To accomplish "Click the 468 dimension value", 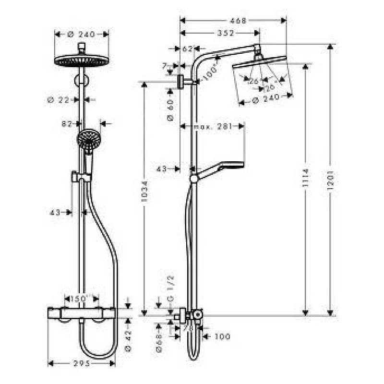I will click(x=238, y=21).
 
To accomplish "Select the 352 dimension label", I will click(x=226, y=33).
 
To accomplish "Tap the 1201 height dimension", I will click(x=331, y=180).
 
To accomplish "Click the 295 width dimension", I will click(x=82, y=363).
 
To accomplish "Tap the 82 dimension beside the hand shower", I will click(x=67, y=124).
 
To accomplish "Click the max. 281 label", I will click(x=213, y=126).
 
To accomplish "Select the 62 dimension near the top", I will click(x=187, y=48).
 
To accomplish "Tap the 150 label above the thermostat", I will click(x=79, y=299).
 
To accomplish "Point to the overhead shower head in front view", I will click(x=82, y=60).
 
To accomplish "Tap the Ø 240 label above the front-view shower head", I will click(x=82, y=34).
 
